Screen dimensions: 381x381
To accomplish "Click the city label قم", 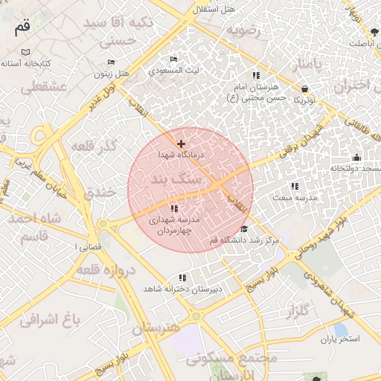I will coord(22,28).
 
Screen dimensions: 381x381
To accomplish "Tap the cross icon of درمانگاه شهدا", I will coord(181,143).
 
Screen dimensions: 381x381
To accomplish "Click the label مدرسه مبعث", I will coord(295,199).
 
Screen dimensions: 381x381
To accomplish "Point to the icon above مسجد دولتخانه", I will coord(356,157).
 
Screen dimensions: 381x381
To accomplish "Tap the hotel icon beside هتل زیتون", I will coord(111,63).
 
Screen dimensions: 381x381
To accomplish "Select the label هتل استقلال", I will coord(213,9).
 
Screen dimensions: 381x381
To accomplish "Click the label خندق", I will coord(99,192).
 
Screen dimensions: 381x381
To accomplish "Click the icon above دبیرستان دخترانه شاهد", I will coord(182,278).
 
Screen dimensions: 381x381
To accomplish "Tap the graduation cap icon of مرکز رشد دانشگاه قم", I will coord(244,228).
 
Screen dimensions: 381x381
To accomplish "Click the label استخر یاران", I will coord(340,339).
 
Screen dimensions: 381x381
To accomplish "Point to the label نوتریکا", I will coord(305,99).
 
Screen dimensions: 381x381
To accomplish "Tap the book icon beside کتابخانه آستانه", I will coord(27,52).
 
